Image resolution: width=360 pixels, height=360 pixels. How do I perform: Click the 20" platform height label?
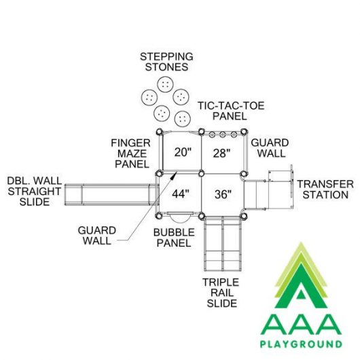tap(183, 152)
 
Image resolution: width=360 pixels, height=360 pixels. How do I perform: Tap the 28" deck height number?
tap(221, 153)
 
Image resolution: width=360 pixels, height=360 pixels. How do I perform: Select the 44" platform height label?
tap(181, 194)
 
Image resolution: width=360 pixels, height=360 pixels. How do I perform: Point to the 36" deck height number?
tap(223, 194)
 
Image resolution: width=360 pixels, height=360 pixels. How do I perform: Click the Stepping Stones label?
tap(166, 62)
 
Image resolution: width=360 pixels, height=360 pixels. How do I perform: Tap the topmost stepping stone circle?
tap(165, 84)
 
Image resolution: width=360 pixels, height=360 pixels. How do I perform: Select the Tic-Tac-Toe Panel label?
tap(231, 111)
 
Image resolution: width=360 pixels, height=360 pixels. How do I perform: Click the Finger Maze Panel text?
tap(131, 154)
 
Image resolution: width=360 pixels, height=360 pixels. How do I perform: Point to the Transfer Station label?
tap(325, 190)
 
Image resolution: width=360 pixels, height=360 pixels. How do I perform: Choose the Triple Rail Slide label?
tap(221, 293)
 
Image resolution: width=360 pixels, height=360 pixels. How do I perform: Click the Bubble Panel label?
tap(174, 238)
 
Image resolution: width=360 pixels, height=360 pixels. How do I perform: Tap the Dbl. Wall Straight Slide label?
tap(35, 192)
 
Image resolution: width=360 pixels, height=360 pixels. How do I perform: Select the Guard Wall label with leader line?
tap(97, 236)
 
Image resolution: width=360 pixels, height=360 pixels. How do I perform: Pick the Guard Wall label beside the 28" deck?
tap(270, 148)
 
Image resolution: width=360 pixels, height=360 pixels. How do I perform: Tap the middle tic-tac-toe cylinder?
tap(222, 134)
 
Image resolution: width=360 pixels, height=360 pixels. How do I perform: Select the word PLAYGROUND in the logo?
tap(301, 344)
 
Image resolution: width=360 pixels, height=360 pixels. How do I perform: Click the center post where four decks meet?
tap(201, 174)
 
